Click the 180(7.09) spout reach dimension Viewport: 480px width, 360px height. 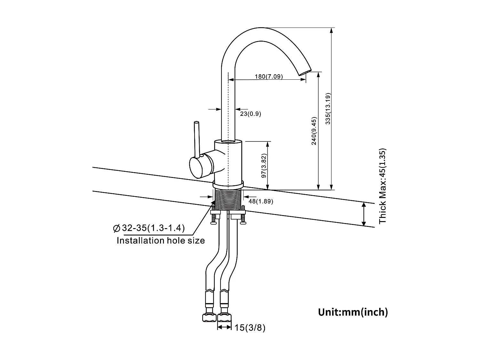268,76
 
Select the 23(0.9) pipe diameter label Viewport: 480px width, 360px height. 251,114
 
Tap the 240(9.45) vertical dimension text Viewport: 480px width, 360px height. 314,131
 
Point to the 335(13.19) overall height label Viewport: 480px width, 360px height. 327,109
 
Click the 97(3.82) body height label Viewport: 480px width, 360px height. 264,166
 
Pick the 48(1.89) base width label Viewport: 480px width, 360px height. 260,202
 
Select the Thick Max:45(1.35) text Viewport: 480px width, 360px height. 383,186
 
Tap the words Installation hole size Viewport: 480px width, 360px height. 161,241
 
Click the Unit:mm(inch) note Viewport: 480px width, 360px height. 353,312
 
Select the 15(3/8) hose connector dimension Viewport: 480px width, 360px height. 250,328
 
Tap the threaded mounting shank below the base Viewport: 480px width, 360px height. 228,199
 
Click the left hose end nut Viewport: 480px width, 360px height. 210,317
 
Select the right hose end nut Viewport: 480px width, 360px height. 224,317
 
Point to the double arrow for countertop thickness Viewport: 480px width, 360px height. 364,214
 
